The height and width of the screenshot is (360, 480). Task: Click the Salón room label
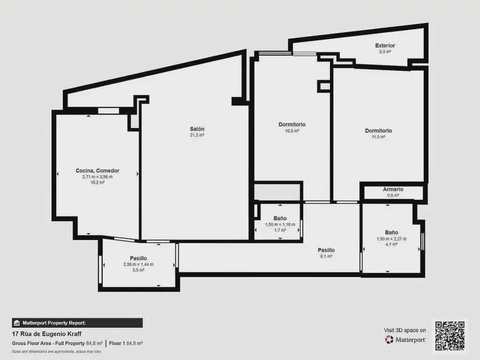coord(197,129)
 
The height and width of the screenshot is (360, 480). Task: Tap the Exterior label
coord(385,45)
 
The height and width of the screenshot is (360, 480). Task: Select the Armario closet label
coord(393,189)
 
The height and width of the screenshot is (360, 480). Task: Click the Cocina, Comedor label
coord(97,171)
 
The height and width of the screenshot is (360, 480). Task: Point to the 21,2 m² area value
coord(197,135)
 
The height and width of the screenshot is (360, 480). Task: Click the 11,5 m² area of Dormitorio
coord(378,137)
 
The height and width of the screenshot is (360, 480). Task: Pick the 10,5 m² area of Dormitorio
coord(292,131)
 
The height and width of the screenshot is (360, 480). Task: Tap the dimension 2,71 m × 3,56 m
coord(97,177)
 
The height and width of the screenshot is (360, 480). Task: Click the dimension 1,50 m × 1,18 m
coord(280,225)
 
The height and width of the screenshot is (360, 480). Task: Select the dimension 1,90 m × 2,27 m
coord(391,239)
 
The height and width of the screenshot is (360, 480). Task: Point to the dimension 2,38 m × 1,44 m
coord(138,264)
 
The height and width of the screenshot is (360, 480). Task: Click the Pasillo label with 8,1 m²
coord(326,250)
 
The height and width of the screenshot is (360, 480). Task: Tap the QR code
coord(450,336)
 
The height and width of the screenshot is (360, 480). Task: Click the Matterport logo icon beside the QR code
coord(389,339)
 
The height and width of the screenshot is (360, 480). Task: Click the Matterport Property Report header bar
coord(77,322)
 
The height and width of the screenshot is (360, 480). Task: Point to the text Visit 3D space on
coord(405,330)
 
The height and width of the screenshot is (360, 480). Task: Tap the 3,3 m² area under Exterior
coord(385,52)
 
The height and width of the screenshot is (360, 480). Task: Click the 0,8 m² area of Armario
coord(393,195)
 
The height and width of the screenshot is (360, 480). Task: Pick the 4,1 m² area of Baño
coord(391,244)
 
